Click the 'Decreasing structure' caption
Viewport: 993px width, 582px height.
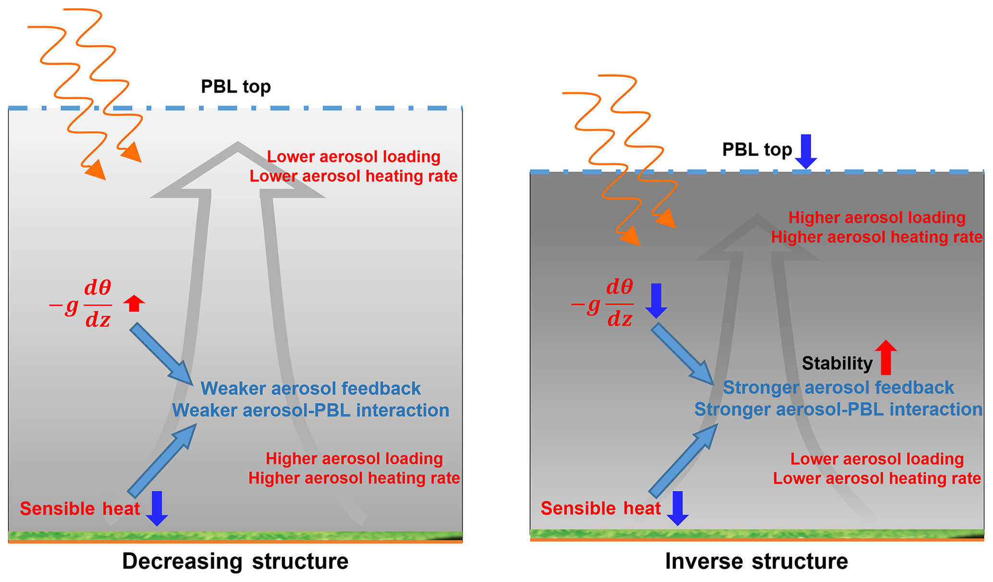coord(235,561)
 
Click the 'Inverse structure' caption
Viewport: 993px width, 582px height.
coord(756,561)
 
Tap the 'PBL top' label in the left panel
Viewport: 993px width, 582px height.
coord(235,87)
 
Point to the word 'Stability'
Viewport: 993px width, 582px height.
coord(837,363)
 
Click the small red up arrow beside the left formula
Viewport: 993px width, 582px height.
coord(134,303)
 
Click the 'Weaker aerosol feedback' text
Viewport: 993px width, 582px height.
coord(310,388)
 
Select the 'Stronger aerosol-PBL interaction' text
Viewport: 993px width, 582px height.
coord(838,409)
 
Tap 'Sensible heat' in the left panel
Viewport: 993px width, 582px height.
coord(80,508)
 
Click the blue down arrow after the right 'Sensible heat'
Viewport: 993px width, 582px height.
coord(677,508)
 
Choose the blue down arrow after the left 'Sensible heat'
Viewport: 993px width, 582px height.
coord(157,508)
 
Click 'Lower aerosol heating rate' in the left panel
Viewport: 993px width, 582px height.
coord(353,176)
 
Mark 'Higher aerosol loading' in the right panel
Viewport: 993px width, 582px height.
coord(877,218)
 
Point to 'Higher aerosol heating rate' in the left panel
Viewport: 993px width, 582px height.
coord(354,478)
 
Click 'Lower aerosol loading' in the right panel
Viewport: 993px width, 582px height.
coord(877,459)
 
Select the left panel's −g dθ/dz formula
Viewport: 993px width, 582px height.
coord(82,304)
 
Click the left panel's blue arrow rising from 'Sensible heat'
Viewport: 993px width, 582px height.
coord(162,460)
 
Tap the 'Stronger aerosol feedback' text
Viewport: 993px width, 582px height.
coord(838,388)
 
